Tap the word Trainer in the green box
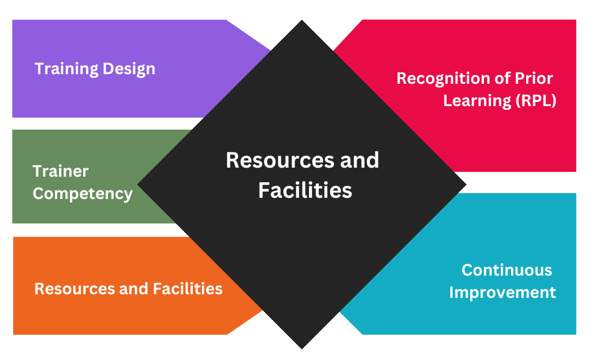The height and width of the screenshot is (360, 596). [60, 171]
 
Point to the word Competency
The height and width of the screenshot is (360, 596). [83, 194]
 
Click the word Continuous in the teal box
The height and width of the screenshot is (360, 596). [507, 270]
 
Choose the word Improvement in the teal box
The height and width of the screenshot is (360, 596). [503, 292]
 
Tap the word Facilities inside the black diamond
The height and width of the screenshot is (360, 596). [305, 191]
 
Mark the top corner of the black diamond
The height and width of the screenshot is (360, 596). [301, 21]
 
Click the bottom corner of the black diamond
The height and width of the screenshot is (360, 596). [301, 347]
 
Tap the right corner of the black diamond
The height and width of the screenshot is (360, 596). [465, 184]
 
